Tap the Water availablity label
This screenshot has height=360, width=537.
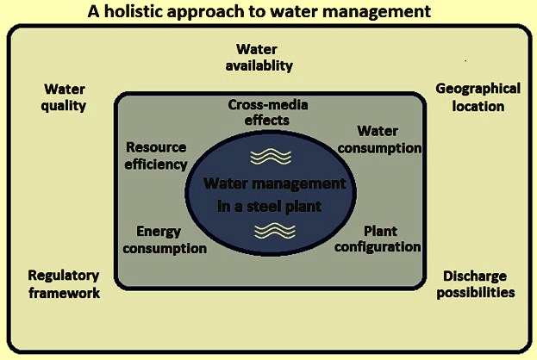coord(259,58)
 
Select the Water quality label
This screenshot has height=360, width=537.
coord(64,97)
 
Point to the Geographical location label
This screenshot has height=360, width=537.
coord(478,97)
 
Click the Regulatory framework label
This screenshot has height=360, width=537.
coord(64,284)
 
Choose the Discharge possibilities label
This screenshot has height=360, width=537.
coord(476,284)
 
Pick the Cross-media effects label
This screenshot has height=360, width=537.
coord(267,112)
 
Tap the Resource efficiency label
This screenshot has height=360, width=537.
coord(156,156)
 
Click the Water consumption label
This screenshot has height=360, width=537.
coord(379,140)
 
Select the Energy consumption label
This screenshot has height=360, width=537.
coord(165,240)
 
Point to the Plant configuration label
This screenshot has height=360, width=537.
coord(378,239)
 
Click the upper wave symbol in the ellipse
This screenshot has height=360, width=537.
coord(271,157)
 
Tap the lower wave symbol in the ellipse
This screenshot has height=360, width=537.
coord(275,231)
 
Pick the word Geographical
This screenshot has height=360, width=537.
coord(478,89)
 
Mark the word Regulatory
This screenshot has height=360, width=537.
coord(64,276)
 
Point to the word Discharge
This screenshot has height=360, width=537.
coord(475,276)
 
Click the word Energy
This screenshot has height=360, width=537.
coord(159,232)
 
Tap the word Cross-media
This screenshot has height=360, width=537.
coord(268,105)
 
